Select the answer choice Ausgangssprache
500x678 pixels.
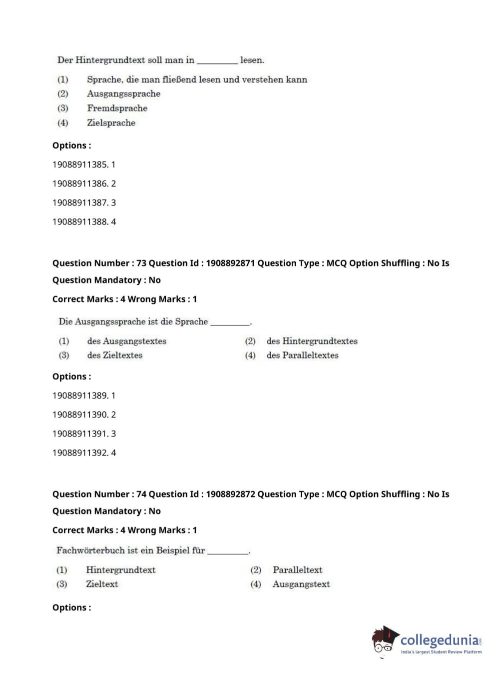(x=123, y=93)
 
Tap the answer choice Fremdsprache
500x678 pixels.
(x=117, y=108)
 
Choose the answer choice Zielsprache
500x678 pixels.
(x=111, y=122)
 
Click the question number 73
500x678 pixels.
(x=141, y=263)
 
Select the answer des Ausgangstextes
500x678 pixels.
(x=126, y=341)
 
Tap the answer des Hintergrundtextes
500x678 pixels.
(x=312, y=341)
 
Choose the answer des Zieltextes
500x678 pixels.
(x=114, y=355)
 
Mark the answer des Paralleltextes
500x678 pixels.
(x=302, y=355)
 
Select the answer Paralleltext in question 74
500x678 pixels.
(x=297, y=569)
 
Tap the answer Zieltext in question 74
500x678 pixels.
(x=102, y=584)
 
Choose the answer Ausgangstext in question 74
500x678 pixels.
(x=301, y=584)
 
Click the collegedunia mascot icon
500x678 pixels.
(x=385, y=639)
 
